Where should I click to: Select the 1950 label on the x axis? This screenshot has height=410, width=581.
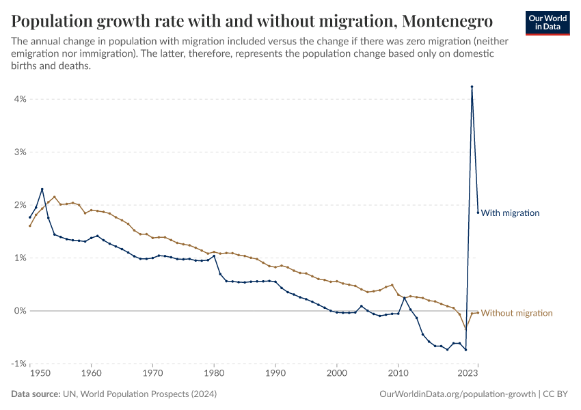[x=40, y=374]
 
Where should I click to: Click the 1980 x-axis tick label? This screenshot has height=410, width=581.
[x=214, y=374]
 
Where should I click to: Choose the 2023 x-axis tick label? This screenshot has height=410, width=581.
[x=468, y=374]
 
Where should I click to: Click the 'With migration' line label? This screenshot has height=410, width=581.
[x=510, y=213]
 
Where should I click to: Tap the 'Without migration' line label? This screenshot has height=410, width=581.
[x=517, y=313]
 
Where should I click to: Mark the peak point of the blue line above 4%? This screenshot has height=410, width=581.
[x=472, y=87]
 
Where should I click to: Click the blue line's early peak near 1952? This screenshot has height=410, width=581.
[x=42, y=189]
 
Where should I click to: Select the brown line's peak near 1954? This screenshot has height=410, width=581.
[x=55, y=197]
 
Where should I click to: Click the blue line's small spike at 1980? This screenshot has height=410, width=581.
[x=214, y=256]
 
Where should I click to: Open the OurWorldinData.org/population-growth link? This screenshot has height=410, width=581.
[x=457, y=394]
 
